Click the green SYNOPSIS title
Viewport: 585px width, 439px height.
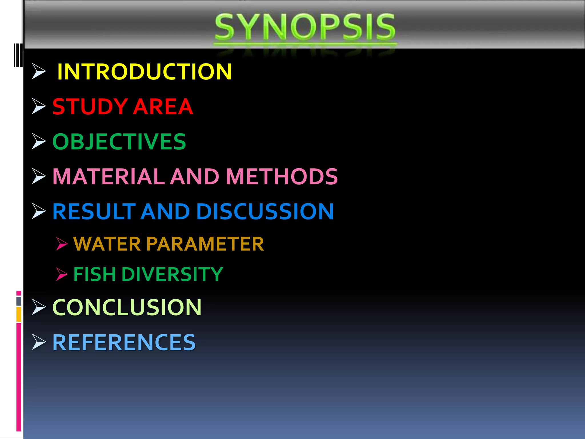tap(305, 27)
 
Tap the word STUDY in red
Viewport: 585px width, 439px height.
tap(90, 107)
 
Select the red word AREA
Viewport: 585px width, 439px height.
tap(163, 107)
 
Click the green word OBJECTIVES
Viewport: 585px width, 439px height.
tap(119, 142)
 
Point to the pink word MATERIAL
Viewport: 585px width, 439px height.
tap(109, 176)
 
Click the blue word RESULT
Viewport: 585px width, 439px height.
tap(94, 211)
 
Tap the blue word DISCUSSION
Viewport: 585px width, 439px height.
tap(265, 211)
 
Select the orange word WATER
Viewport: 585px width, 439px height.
tap(107, 244)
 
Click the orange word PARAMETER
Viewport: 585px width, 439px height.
tap(205, 244)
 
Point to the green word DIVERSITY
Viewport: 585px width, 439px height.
tap(172, 274)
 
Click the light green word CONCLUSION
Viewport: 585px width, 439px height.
tap(127, 308)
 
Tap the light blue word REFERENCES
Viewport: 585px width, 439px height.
tap(124, 342)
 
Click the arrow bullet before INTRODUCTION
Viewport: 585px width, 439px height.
tap(38, 71)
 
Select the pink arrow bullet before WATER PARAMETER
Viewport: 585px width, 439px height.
tap(61, 244)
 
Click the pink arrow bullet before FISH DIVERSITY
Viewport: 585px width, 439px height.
tap(61, 274)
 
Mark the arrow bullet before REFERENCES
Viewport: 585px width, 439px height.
tap(38, 342)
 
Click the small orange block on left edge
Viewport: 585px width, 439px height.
tap(19, 314)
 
